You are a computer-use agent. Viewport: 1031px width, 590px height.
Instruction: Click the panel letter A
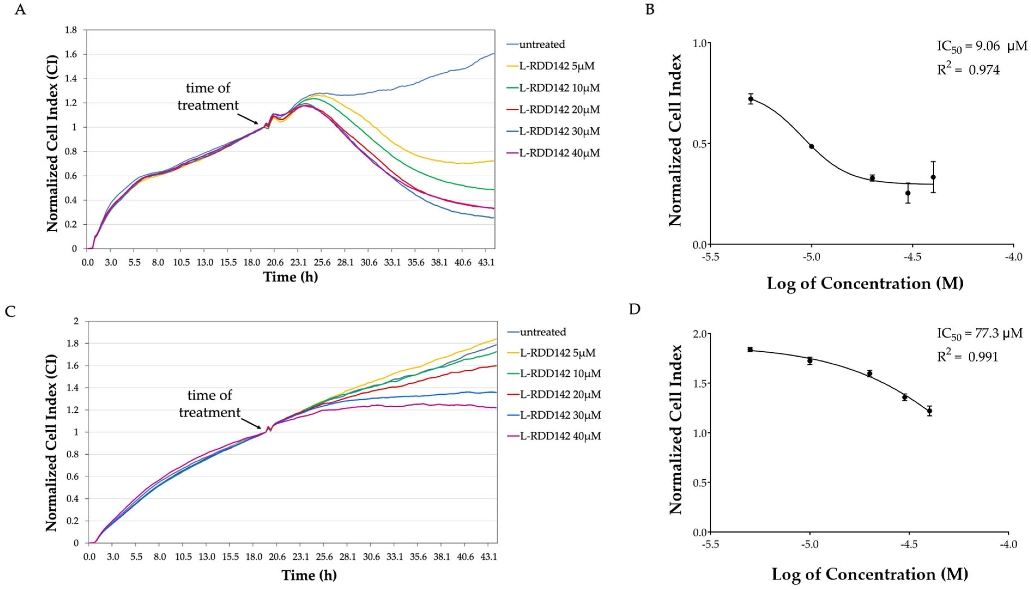[x=20, y=9]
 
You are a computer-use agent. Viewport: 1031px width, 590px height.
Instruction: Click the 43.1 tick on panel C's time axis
[x=489, y=557]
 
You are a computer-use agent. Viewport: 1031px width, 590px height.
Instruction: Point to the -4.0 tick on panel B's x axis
[x=1013, y=257]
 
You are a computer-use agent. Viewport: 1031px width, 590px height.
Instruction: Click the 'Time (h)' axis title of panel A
[x=290, y=277]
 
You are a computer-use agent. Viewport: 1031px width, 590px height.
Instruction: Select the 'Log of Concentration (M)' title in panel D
[x=870, y=574]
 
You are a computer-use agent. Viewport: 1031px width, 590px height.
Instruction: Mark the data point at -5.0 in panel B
[x=811, y=146]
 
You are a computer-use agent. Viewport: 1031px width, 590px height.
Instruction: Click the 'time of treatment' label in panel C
[x=210, y=404]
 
